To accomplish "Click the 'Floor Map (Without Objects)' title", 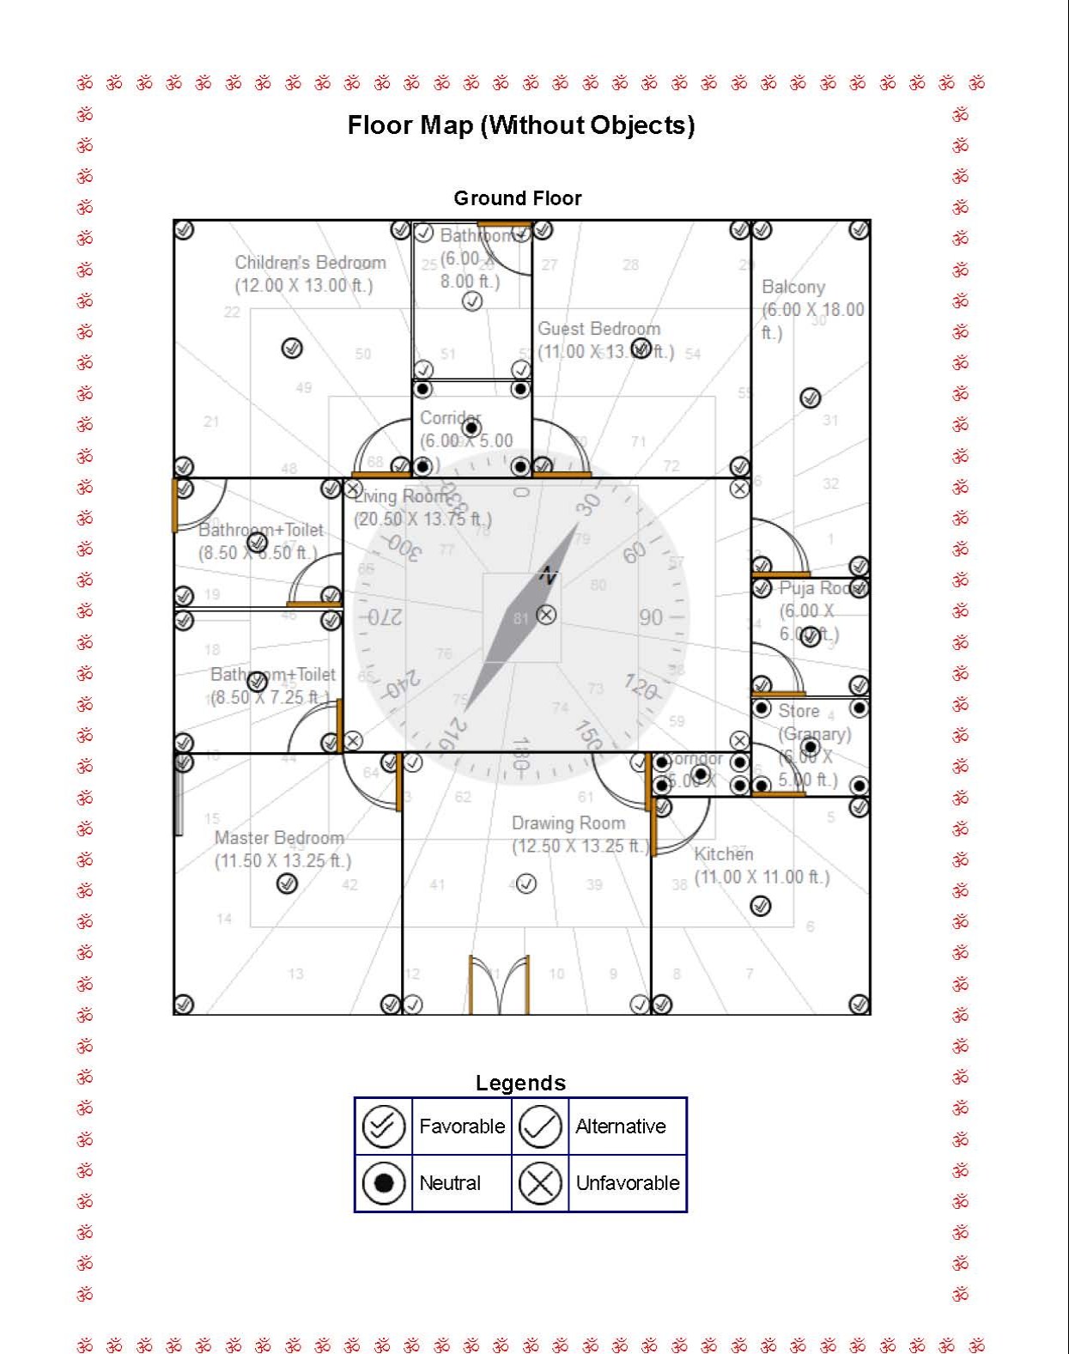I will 520,125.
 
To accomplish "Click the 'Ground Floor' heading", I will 517,198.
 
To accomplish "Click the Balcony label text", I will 793,287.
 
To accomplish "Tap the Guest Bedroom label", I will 599,329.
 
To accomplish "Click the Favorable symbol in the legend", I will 383,1126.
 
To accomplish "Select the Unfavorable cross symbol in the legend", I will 540,1183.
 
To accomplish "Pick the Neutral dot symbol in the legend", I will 383,1183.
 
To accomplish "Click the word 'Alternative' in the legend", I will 620,1126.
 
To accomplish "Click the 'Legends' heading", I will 520,1083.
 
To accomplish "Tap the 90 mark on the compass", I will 651,617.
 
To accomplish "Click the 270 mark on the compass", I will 384,617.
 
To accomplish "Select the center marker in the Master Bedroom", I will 287,883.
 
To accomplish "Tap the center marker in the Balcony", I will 810,398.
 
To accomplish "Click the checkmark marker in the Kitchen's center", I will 760,906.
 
